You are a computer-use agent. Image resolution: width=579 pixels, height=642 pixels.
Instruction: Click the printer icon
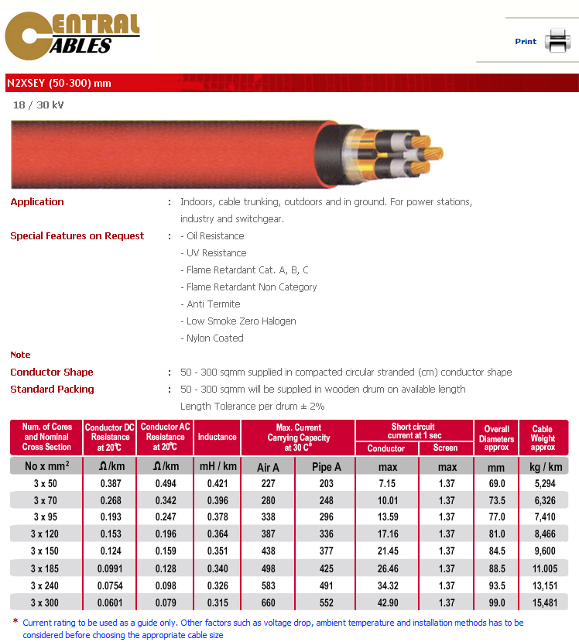coord(557,40)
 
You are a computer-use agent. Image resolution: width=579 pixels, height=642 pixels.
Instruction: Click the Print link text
coord(526,42)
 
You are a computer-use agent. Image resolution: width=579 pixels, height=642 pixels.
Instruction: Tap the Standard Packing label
coord(52,390)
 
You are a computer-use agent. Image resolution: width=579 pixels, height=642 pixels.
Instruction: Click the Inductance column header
coord(217,437)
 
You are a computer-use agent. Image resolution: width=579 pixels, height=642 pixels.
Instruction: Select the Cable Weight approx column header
coord(543,438)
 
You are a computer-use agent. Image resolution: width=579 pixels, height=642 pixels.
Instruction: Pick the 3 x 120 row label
coord(46,534)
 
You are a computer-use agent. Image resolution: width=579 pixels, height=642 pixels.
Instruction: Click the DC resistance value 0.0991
coord(109,568)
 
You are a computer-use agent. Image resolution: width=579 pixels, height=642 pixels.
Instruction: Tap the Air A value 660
coord(268,603)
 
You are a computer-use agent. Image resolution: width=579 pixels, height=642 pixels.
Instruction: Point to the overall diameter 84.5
coord(496,551)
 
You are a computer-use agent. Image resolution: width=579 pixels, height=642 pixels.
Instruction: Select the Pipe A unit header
coord(325,467)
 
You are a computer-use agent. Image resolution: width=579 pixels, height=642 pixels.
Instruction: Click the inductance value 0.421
coord(217,482)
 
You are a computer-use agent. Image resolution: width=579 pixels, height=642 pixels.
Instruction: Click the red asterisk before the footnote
coord(15,621)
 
